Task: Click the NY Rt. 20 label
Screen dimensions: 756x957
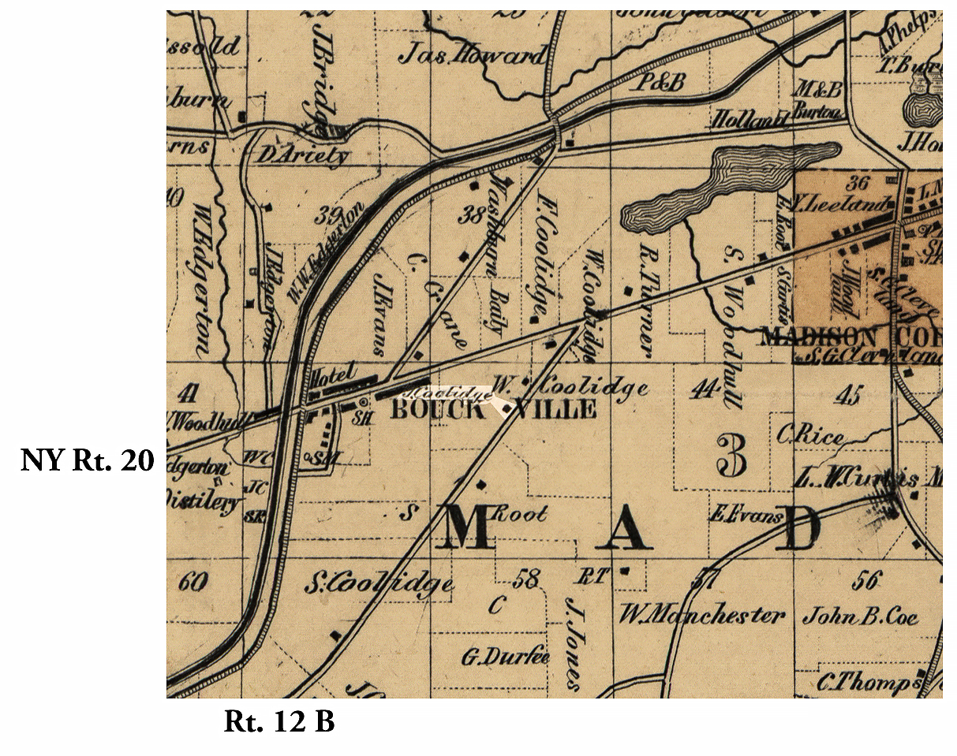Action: (87, 459)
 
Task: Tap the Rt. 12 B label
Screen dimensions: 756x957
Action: (279, 721)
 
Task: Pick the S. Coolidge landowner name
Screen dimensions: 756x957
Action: (379, 584)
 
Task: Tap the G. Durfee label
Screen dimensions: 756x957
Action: (504, 656)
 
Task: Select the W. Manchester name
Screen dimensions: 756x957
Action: (701, 614)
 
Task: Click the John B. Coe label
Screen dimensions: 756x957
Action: (860, 616)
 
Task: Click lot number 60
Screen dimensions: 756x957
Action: (193, 583)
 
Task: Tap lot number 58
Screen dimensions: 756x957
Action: (525, 579)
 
